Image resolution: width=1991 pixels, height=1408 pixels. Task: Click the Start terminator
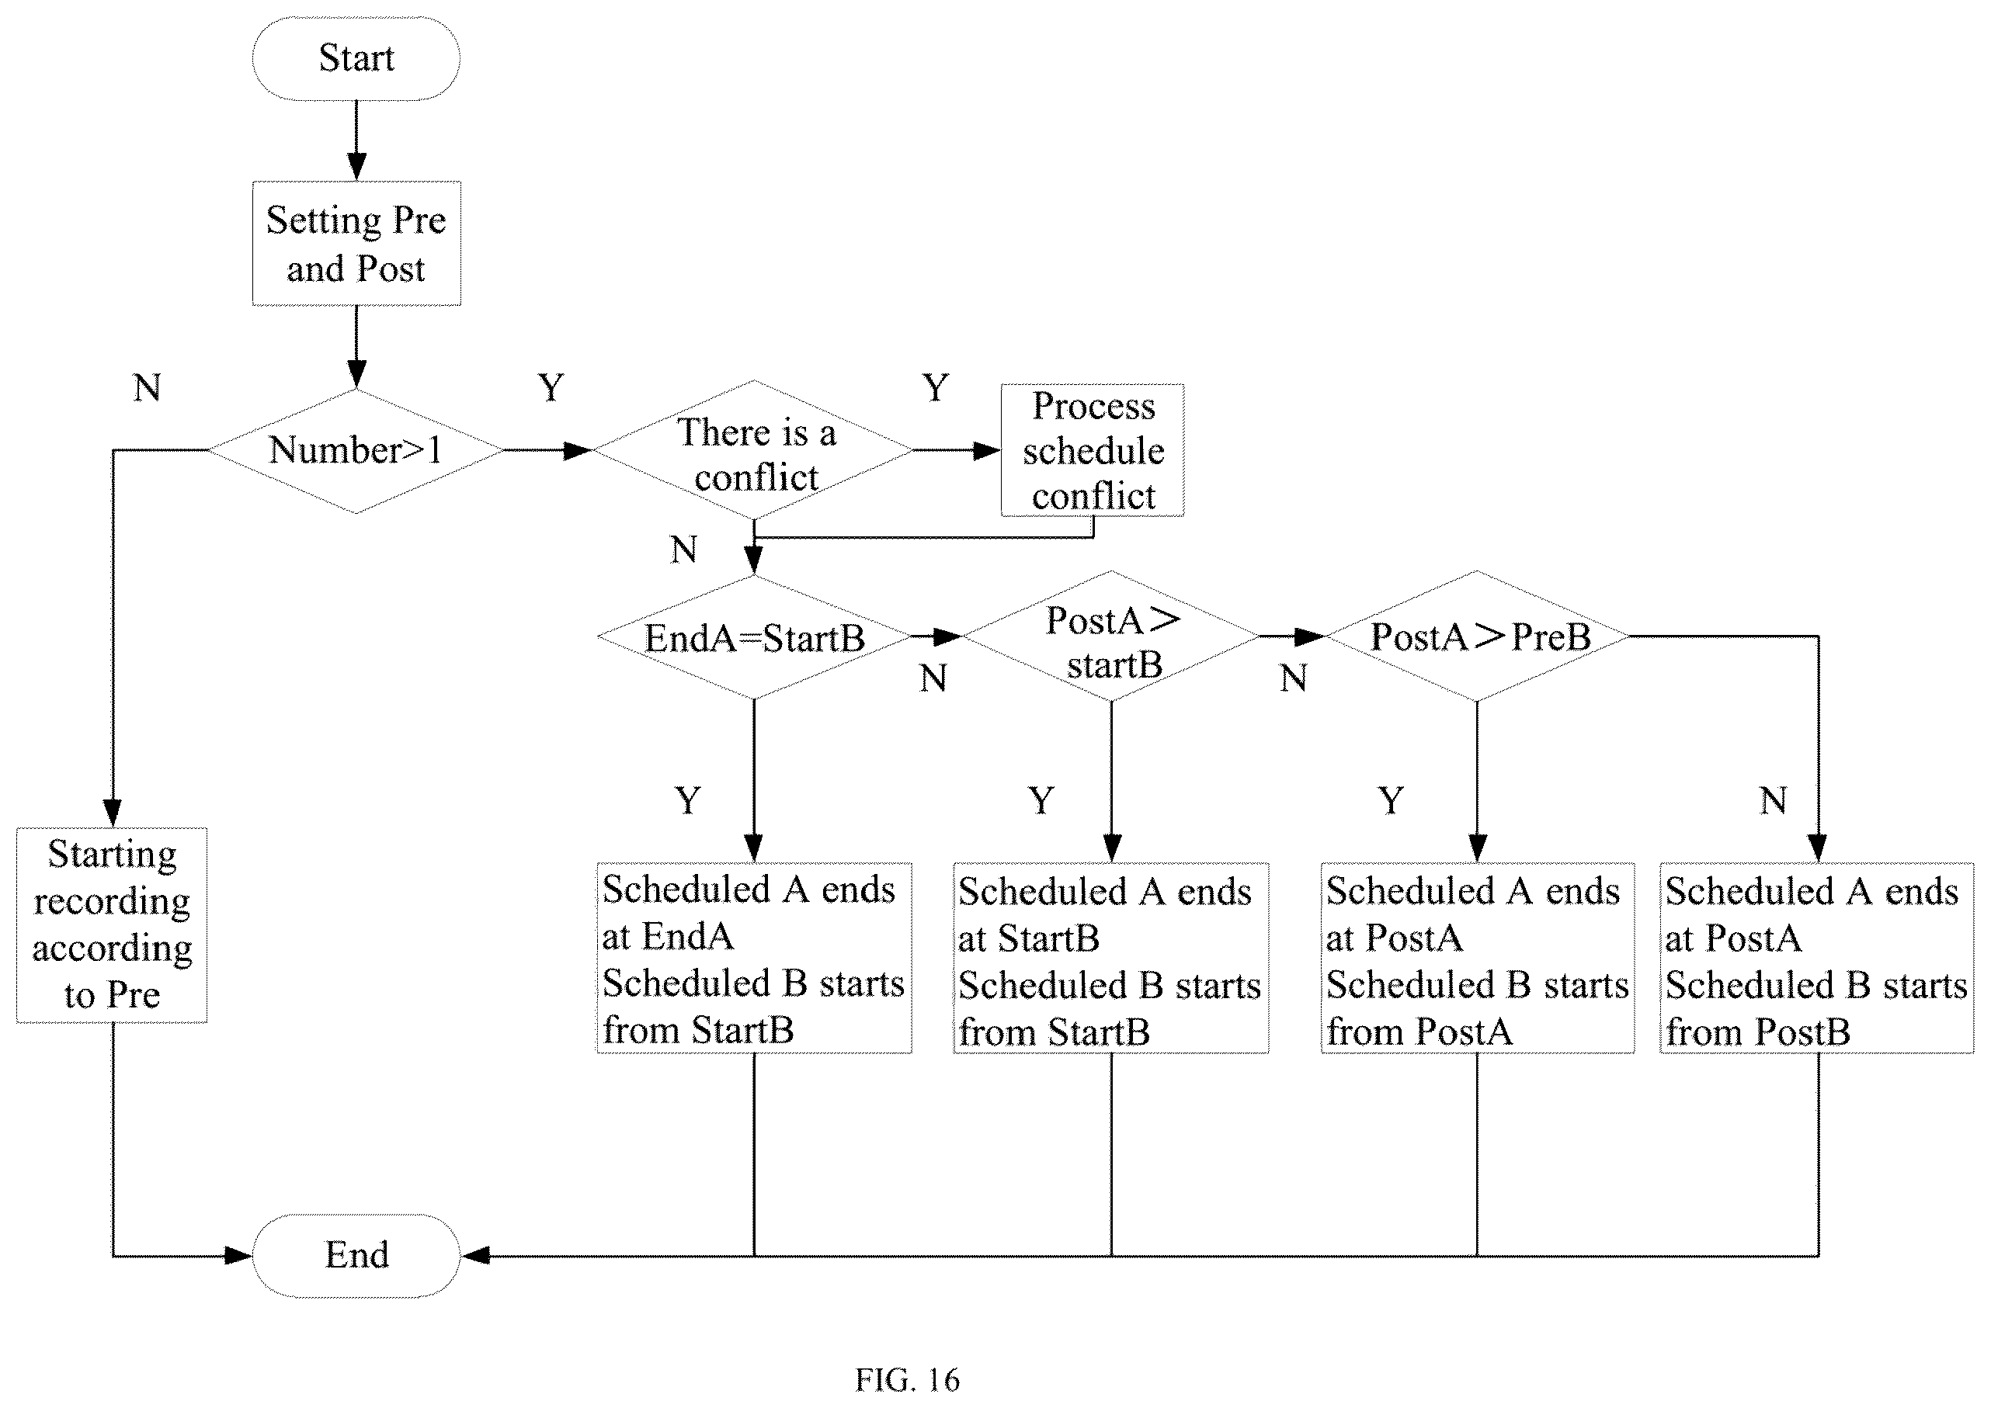356,58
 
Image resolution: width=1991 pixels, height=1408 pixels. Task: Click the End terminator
356,1255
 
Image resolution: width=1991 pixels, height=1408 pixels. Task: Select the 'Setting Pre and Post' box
356,244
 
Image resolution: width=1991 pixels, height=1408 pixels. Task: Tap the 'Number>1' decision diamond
356,450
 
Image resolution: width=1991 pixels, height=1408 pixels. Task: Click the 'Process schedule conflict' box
1092,450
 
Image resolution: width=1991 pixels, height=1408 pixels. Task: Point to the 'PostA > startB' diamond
1111,636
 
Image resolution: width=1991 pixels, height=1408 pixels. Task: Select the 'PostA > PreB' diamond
1477,636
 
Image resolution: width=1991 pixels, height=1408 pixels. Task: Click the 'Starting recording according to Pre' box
112,925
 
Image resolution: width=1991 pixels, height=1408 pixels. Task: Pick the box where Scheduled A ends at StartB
1111,958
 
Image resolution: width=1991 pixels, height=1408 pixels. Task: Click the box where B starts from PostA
1478,958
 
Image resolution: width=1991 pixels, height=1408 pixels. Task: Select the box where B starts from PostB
1817,958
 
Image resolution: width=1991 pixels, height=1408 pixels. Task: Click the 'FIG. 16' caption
907,1379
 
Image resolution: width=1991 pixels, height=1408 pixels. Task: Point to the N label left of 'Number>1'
148,387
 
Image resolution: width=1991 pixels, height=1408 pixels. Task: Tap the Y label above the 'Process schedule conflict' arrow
936,387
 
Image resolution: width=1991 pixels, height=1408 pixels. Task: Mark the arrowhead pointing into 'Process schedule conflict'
988,450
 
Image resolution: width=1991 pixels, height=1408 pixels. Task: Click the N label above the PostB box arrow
1774,800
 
